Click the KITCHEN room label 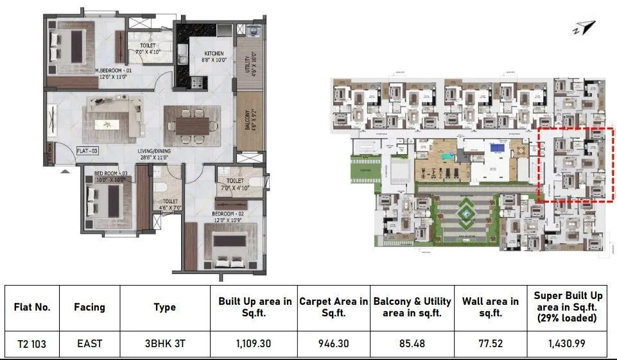coord(214,53)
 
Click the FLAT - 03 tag coord(87,151)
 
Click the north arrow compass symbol coord(586,27)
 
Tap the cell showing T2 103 coord(32,343)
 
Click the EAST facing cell coord(89,343)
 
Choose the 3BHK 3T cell coord(164,343)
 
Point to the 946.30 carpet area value coord(333,343)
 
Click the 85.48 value coord(412,343)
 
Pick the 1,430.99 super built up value coord(568,343)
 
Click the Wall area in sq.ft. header coord(491,307)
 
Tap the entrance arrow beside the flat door coord(64,171)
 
